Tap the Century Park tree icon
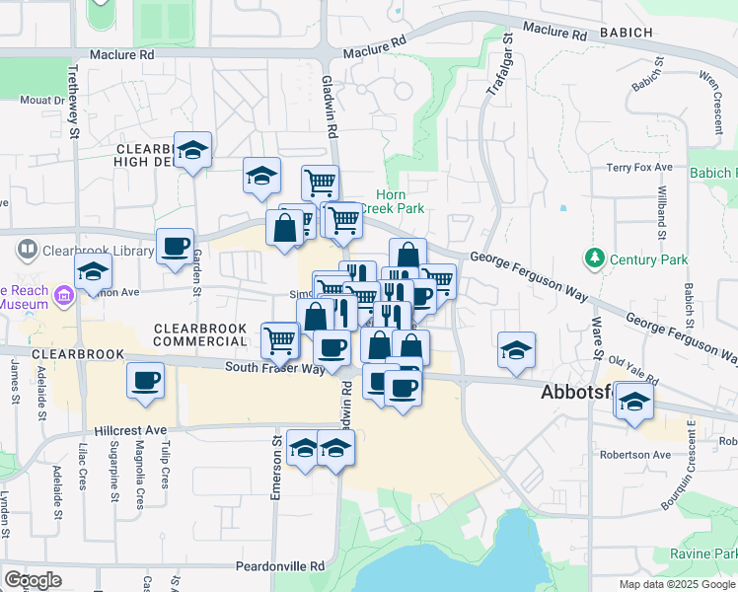(x=594, y=259)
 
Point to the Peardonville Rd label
(x=280, y=567)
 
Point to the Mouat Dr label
(x=41, y=100)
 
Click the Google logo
(x=33, y=580)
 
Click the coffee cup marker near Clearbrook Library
(x=176, y=247)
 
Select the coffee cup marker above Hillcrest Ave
(x=146, y=380)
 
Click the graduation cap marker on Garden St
(x=193, y=151)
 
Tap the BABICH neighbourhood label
(x=624, y=33)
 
